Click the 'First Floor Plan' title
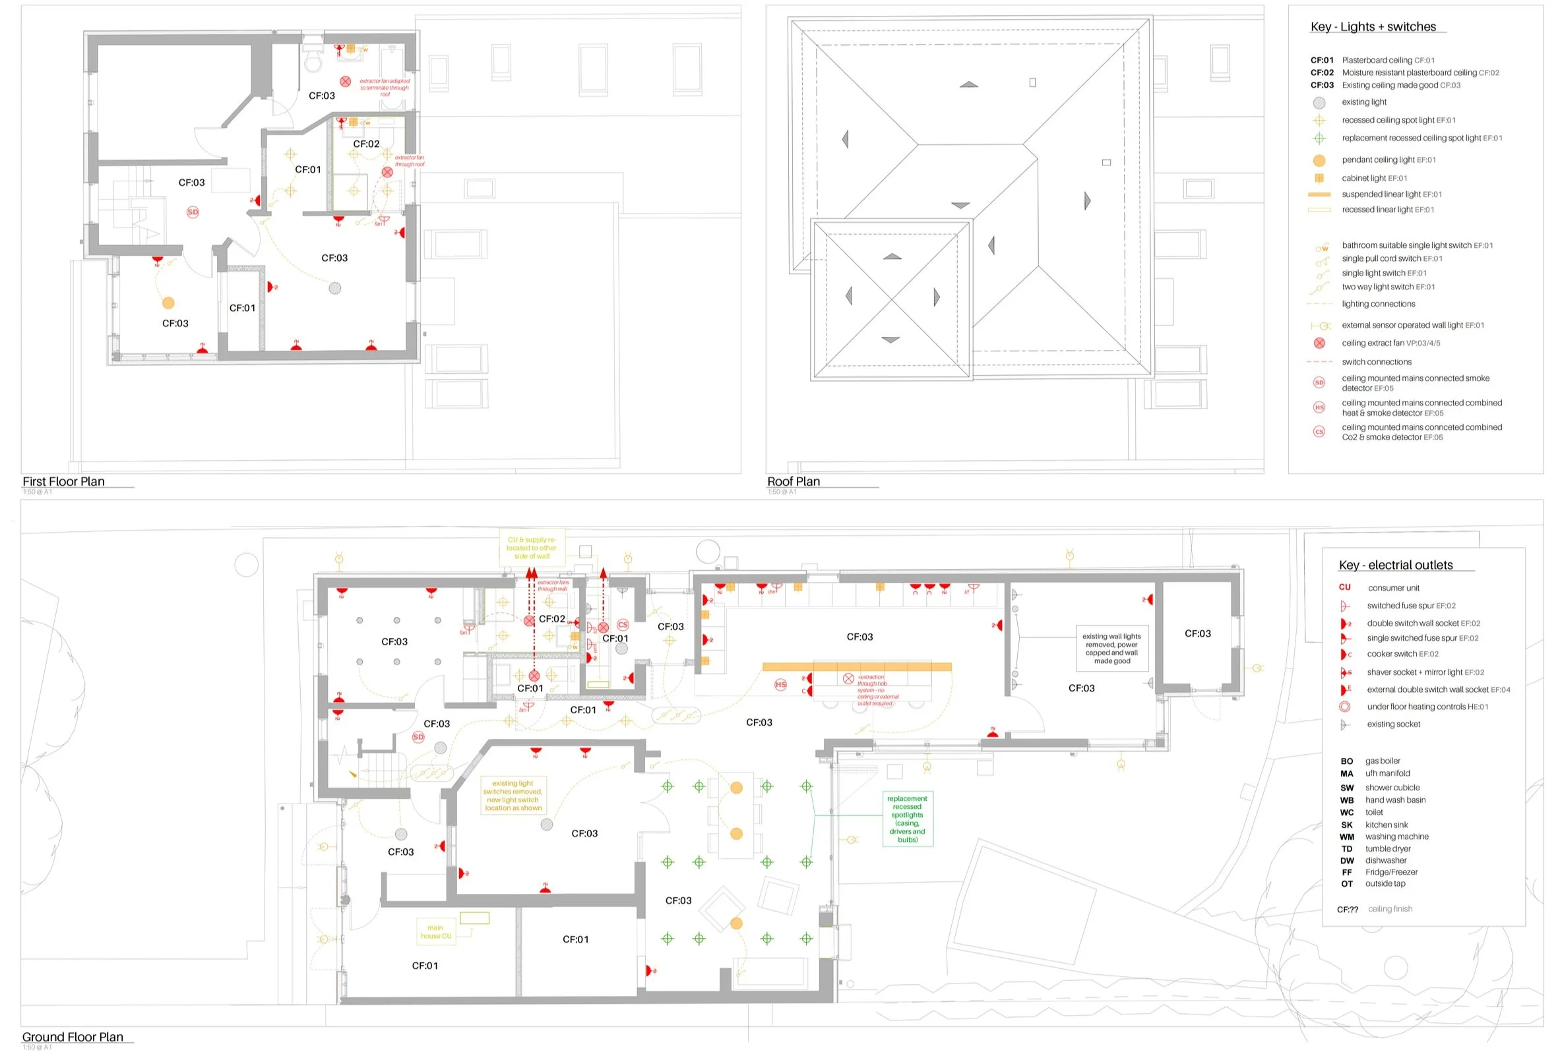(x=64, y=481)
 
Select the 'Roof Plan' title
(x=794, y=481)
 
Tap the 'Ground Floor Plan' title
(x=73, y=1037)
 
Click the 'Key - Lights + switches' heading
(x=1373, y=27)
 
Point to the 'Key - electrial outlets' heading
(x=1396, y=565)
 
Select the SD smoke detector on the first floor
(x=193, y=212)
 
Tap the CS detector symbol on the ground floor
(x=622, y=625)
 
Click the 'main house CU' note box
(x=435, y=932)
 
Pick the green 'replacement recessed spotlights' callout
(x=907, y=819)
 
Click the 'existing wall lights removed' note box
(x=1111, y=648)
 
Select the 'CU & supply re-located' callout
(x=531, y=548)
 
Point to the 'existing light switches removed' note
(x=513, y=796)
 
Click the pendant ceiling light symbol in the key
(x=1319, y=160)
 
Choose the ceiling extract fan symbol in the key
(x=1319, y=343)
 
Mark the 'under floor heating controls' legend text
(x=1427, y=707)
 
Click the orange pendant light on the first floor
(x=168, y=303)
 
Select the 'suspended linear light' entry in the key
(x=1391, y=194)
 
